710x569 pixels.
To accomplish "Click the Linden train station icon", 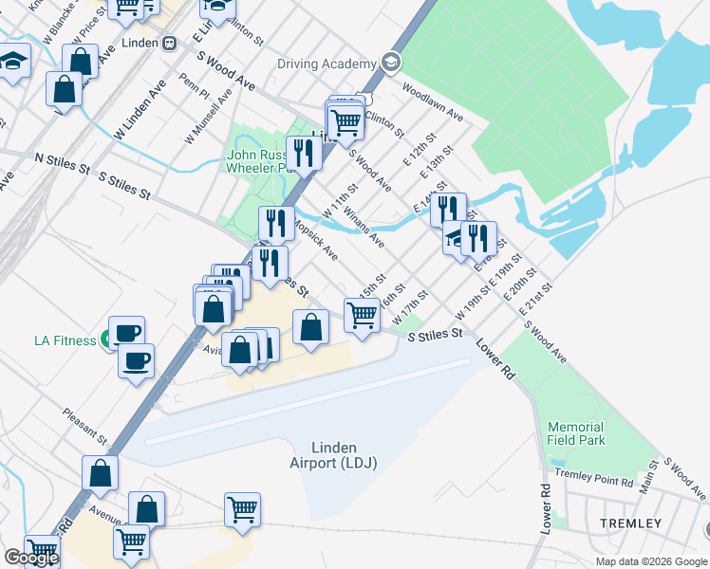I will pyautogui.click(x=170, y=43).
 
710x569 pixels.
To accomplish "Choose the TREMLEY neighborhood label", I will pyautogui.click(x=630, y=523).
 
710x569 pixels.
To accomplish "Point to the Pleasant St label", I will pyautogui.click(x=84, y=426).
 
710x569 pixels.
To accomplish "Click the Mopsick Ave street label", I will pyautogui.click(x=316, y=241).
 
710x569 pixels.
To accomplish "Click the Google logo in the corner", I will pyautogui.click(x=31, y=558).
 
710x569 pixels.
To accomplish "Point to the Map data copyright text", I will pyautogui.click(x=652, y=561).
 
